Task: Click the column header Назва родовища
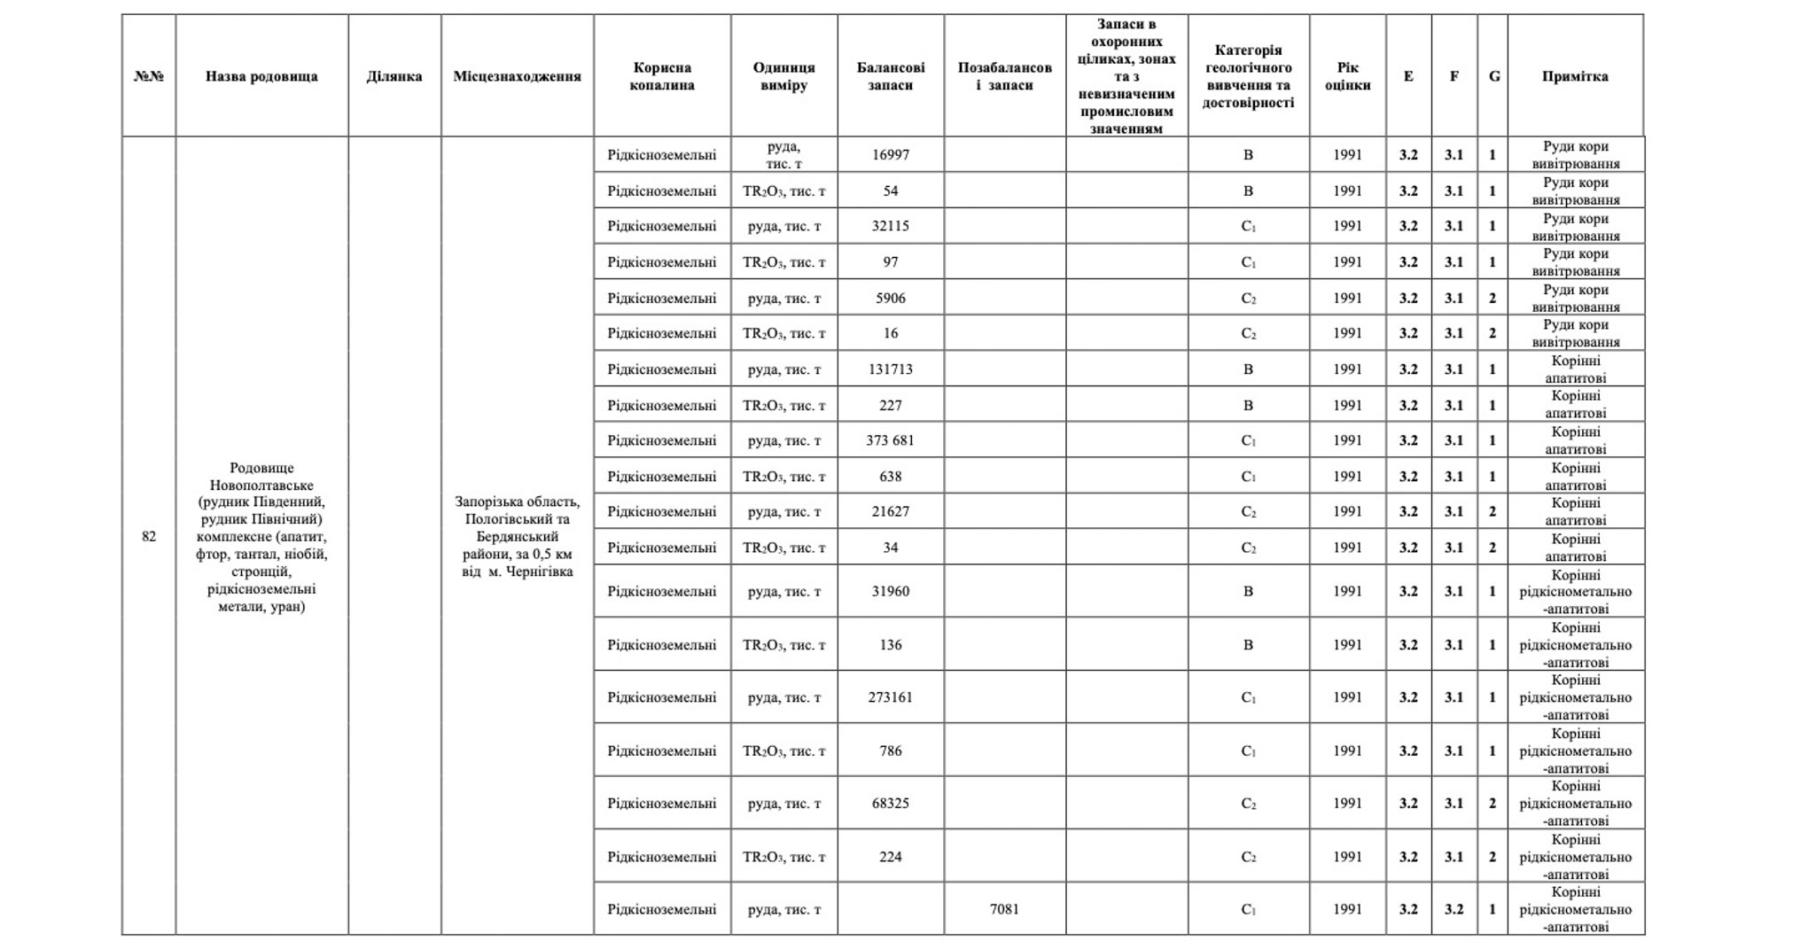pyautogui.click(x=261, y=76)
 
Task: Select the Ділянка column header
pyautogui.click(x=394, y=76)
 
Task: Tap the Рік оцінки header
pyautogui.click(x=1347, y=76)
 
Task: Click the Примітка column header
pyautogui.click(x=1575, y=76)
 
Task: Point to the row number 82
pyautogui.click(x=149, y=536)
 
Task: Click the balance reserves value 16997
pyautogui.click(x=890, y=155)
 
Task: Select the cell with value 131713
pyautogui.click(x=890, y=369)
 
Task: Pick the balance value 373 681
pyautogui.click(x=890, y=440)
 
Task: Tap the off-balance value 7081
pyautogui.click(x=1004, y=909)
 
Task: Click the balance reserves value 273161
pyautogui.click(x=890, y=697)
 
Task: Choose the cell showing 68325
pyautogui.click(x=890, y=804)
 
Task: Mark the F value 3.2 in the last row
pyautogui.click(x=1453, y=909)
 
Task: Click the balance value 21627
pyautogui.click(x=890, y=511)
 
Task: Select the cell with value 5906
pyautogui.click(x=890, y=298)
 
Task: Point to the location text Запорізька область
pyautogui.click(x=517, y=502)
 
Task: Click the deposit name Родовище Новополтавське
pyautogui.click(x=261, y=477)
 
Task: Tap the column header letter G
pyautogui.click(x=1494, y=76)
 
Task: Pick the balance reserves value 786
pyautogui.click(x=890, y=751)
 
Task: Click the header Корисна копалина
pyautogui.click(x=662, y=76)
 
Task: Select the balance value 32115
pyautogui.click(x=890, y=226)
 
